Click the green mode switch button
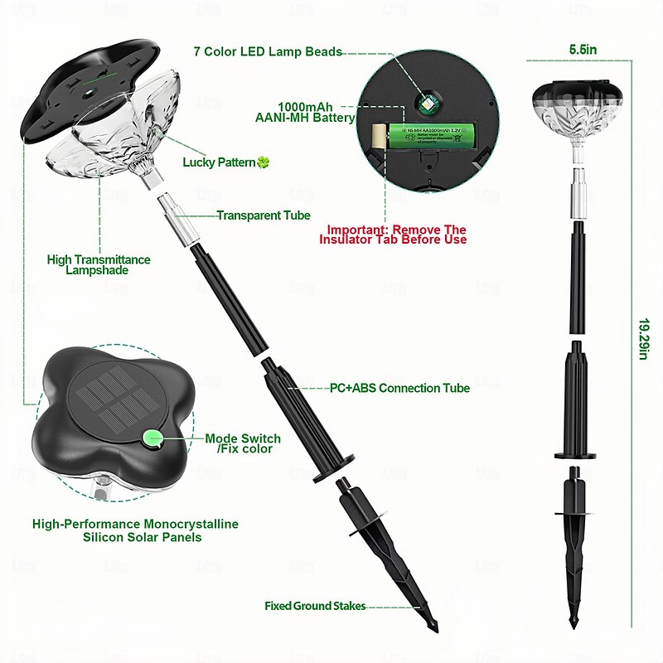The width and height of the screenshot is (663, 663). click(x=152, y=438)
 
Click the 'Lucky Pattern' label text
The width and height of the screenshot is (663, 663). click(x=219, y=162)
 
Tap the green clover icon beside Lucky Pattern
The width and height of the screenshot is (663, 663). click(x=264, y=162)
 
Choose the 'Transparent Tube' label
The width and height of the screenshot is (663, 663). click(x=264, y=215)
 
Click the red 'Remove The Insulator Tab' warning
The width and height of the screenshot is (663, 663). click(x=396, y=235)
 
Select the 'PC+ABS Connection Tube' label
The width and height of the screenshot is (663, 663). click(x=399, y=388)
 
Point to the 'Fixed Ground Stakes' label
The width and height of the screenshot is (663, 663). click(x=315, y=606)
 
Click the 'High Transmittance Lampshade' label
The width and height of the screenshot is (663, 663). click(x=99, y=265)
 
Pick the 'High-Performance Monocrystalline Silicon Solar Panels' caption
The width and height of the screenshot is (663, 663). click(x=135, y=530)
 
